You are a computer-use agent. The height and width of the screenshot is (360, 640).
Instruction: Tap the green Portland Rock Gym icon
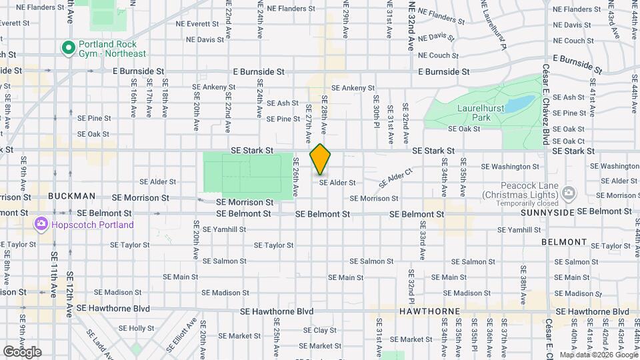click(67, 47)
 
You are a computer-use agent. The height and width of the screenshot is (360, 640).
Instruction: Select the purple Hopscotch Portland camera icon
click(41, 224)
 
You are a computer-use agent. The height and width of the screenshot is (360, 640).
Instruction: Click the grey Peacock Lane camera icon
click(568, 194)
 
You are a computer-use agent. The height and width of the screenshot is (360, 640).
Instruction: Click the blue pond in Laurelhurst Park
click(520, 104)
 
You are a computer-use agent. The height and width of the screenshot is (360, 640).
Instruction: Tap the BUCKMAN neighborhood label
click(71, 197)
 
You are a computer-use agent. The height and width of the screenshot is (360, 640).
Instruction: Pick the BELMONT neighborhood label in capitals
click(564, 242)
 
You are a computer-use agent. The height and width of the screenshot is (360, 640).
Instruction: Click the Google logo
click(21, 351)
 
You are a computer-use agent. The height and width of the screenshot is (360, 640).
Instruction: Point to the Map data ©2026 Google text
click(599, 355)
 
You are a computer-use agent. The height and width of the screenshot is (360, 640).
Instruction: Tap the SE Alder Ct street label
click(396, 177)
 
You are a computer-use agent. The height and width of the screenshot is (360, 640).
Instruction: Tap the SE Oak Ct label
click(568, 141)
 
